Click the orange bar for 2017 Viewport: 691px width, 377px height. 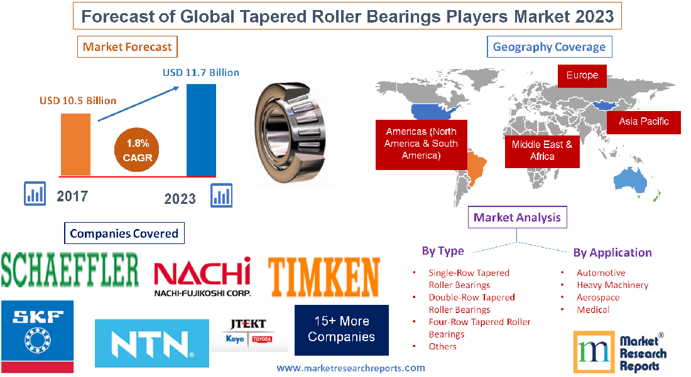click(75, 144)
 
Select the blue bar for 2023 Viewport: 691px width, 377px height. click(201, 130)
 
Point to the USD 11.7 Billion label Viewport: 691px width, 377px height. click(201, 73)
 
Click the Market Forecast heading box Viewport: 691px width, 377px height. click(128, 47)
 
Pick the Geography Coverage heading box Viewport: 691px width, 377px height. click(549, 47)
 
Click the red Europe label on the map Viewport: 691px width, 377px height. click(582, 75)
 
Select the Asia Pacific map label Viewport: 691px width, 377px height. click(643, 122)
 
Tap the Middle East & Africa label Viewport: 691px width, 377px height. click(541, 151)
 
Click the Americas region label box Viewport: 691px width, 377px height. click(421, 144)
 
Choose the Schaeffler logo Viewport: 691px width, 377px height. click(70, 269)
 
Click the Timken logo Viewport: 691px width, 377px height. click(324, 276)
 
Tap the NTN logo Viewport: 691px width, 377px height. click(151, 343)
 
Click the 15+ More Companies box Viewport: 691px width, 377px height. click(341, 329)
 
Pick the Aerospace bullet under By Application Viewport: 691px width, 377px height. click(597, 297)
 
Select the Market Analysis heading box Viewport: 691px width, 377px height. click(518, 218)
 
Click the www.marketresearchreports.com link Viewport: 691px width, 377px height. click(351, 368)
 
